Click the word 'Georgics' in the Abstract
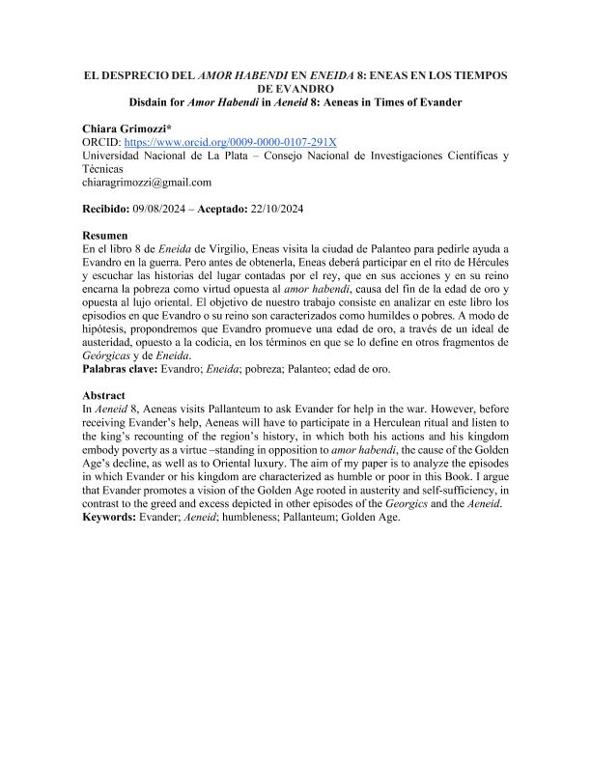[x=402, y=503]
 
